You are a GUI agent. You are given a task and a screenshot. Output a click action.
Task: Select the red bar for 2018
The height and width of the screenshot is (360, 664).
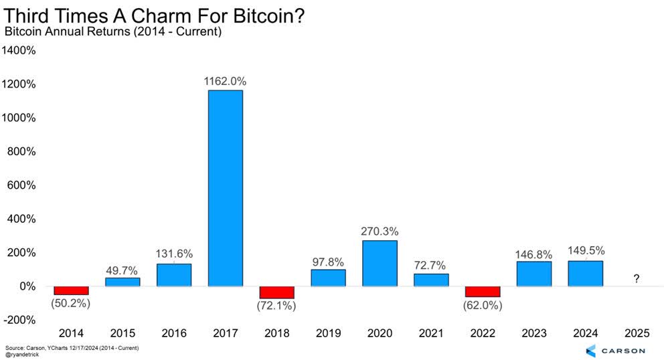tap(277, 292)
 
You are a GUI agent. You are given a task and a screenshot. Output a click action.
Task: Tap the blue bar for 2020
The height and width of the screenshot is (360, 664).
tap(380, 263)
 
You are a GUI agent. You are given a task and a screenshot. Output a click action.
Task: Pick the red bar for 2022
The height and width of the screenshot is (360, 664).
tap(483, 292)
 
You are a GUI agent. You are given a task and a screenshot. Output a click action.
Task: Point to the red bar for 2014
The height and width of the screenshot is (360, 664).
tap(72, 290)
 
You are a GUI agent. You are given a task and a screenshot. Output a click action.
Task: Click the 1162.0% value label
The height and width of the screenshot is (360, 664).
tap(226, 81)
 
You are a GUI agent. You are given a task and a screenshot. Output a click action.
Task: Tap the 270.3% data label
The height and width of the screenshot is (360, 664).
tap(380, 232)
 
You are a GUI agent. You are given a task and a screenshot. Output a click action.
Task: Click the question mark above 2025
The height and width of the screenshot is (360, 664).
tap(637, 278)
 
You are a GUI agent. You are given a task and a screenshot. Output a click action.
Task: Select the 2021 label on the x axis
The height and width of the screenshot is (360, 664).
tap(431, 333)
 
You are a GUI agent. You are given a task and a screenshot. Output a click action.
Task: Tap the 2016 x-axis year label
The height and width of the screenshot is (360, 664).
tap(174, 333)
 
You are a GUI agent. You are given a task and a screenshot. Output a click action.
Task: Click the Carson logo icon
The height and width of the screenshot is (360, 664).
tap(590, 350)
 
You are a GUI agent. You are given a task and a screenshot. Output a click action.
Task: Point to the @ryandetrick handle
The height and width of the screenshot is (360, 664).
tap(22, 355)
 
